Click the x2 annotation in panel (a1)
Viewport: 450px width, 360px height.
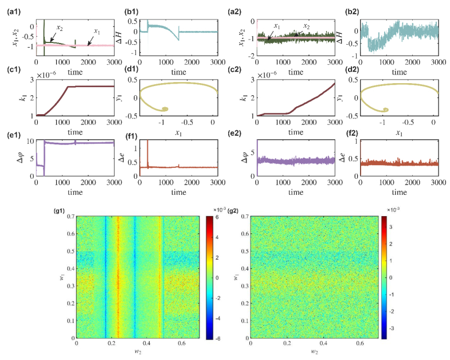[60, 29]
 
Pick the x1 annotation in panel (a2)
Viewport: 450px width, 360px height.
[276, 26]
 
